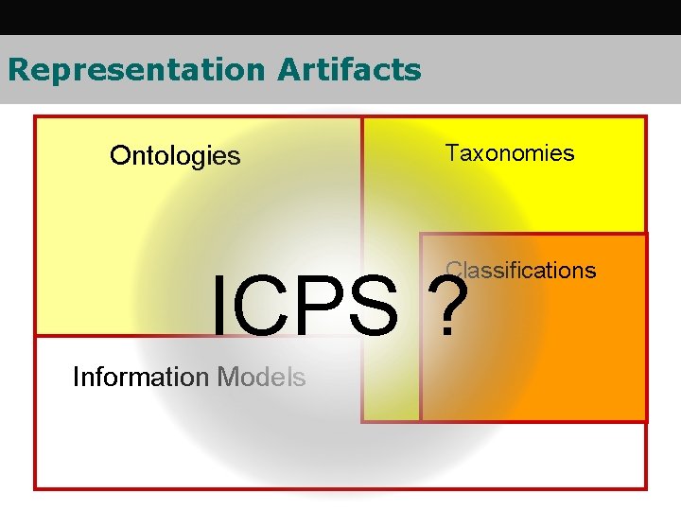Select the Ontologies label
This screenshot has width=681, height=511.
175,155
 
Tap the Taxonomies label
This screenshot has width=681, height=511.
510,153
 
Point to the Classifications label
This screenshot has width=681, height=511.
521,271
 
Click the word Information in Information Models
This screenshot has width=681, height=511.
141,378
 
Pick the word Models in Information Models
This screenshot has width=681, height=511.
261,378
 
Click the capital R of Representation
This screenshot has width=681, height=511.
17,70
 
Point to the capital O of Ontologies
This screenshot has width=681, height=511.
119,155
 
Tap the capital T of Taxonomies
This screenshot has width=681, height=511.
452,153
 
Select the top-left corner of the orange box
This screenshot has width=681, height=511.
421,234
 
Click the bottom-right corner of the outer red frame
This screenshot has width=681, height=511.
646,488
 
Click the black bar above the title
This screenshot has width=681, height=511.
340,17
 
